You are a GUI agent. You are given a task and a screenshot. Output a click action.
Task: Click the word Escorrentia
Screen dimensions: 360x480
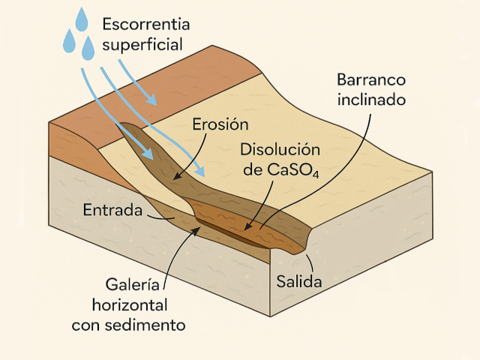click(145, 23)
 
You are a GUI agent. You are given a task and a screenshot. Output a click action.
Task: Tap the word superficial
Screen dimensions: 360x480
click(142, 45)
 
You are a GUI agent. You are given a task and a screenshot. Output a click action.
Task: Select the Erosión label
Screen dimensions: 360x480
click(220, 124)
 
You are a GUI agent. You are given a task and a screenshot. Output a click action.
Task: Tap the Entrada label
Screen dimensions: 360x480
click(113, 210)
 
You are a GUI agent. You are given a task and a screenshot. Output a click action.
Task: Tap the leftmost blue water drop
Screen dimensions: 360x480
click(69, 41)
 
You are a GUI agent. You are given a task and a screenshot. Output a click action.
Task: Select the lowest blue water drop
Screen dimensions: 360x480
click(88, 49)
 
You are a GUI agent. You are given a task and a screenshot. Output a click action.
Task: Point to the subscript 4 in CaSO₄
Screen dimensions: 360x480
click(316, 175)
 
